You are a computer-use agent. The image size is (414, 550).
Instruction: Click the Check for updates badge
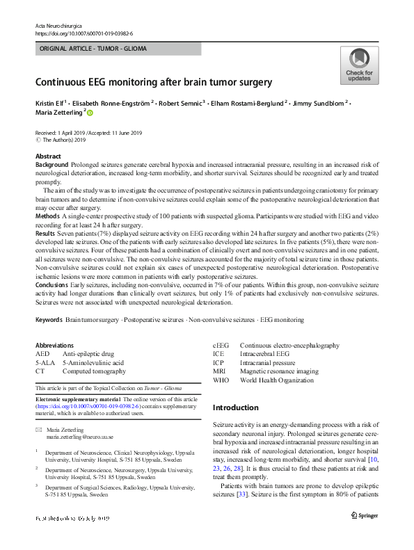pyautogui.click(x=359, y=65)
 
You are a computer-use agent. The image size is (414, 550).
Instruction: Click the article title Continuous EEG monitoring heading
pyautogui.click(x=154, y=82)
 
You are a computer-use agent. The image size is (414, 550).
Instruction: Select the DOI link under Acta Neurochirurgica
pyautogui.click(x=83, y=33)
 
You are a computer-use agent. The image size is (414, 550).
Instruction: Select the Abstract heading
pyautogui.click(x=48, y=156)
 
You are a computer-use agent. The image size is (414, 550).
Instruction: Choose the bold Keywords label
pyautogui.click(x=49, y=319)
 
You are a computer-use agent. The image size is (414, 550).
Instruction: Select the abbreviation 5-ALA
pyautogui.click(x=46, y=363)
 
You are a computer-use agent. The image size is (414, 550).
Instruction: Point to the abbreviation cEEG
pyautogui.click(x=221, y=346)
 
